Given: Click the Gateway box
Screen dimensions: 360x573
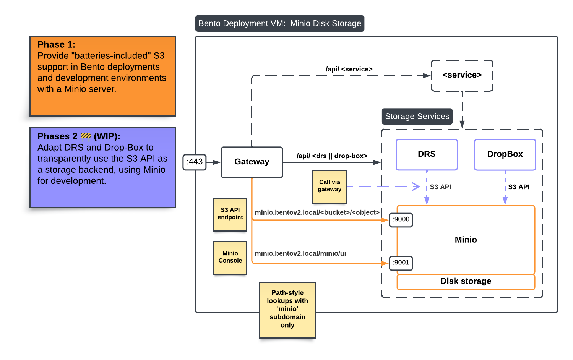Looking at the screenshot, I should (x=252, y=162).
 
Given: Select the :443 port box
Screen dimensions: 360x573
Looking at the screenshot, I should (x=195, y=162).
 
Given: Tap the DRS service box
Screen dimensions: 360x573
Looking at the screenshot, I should (x=427, y=154).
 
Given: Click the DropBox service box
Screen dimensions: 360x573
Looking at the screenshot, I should (x=505, y=154).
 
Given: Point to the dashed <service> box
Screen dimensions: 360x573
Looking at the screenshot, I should (x=462, y=75).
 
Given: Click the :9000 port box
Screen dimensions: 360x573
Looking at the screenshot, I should (x=401, y=219).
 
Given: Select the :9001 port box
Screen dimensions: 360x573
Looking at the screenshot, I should (x=401, y=263).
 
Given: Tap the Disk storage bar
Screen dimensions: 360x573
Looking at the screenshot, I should (x=466, y=282).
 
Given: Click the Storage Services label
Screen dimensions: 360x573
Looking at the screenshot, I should (x=417, y=117).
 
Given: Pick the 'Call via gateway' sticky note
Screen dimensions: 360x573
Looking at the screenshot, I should (x=330, y=186).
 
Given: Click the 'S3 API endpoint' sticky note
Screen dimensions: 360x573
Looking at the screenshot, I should (x=230, y=214).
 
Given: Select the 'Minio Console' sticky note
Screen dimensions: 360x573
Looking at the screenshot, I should (x=230, y=257).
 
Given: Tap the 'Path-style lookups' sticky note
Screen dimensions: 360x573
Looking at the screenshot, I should (x=287, y=310).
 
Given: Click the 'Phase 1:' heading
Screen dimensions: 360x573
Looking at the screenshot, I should (x=56, y=45).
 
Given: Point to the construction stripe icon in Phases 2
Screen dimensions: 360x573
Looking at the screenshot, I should (x=86, y=136).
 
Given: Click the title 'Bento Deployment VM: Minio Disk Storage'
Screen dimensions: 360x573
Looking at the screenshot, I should (x=279, y=24).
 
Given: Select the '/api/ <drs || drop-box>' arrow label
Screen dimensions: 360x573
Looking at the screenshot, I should (x=332, y=156).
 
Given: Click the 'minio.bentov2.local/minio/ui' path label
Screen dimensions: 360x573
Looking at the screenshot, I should (x=300, y=253).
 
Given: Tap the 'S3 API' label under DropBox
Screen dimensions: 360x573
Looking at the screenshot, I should (x=519, y=187).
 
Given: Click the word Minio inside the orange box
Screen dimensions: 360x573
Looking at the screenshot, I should (x=466, y=240).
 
